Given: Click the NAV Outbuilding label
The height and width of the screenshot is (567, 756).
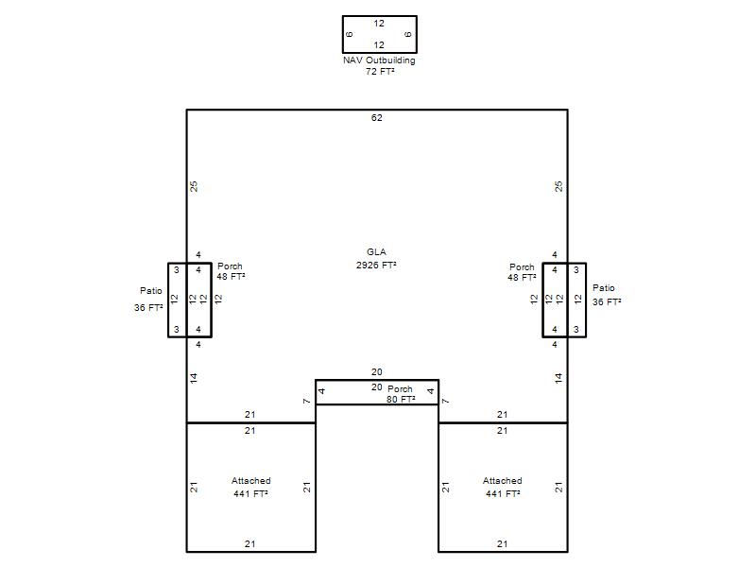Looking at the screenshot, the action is click(379, 60).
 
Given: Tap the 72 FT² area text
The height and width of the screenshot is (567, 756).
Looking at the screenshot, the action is click(380, 72).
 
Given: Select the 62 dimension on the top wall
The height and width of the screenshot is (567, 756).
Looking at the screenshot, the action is click(376, 117).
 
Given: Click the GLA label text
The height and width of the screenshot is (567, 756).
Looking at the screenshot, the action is click(376, 251).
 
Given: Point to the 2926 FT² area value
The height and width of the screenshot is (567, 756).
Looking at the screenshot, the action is click(376, 265).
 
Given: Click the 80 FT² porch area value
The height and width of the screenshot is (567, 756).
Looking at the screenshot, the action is click(401, 399).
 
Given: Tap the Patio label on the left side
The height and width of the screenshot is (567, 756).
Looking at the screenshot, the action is click(151, 291).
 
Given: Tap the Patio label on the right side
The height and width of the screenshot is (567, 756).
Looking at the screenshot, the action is click(604, 288).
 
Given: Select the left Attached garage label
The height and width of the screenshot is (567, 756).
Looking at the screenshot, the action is click(250, 481).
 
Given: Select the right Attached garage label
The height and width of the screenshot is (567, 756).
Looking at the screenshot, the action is click(503, 481).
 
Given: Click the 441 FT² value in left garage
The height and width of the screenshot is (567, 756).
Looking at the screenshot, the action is click(250, 493).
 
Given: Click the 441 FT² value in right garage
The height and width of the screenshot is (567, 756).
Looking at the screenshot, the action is click(503, 493).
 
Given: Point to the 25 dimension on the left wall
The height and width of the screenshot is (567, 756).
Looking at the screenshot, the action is click(194, 186).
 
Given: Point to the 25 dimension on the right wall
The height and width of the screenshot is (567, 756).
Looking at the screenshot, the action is click(558, 186).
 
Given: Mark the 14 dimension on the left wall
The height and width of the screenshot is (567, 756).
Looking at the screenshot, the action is click(194, 378).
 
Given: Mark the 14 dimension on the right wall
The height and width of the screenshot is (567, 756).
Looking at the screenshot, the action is click(558, 378).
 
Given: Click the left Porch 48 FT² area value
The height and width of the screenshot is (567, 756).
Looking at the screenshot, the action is click(231, 277).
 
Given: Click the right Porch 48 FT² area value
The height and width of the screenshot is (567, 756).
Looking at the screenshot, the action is click(522, 278).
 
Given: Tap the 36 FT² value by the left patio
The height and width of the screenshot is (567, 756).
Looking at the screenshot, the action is click(148, 308).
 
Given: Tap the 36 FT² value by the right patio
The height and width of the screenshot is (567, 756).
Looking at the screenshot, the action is click(607, 302).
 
